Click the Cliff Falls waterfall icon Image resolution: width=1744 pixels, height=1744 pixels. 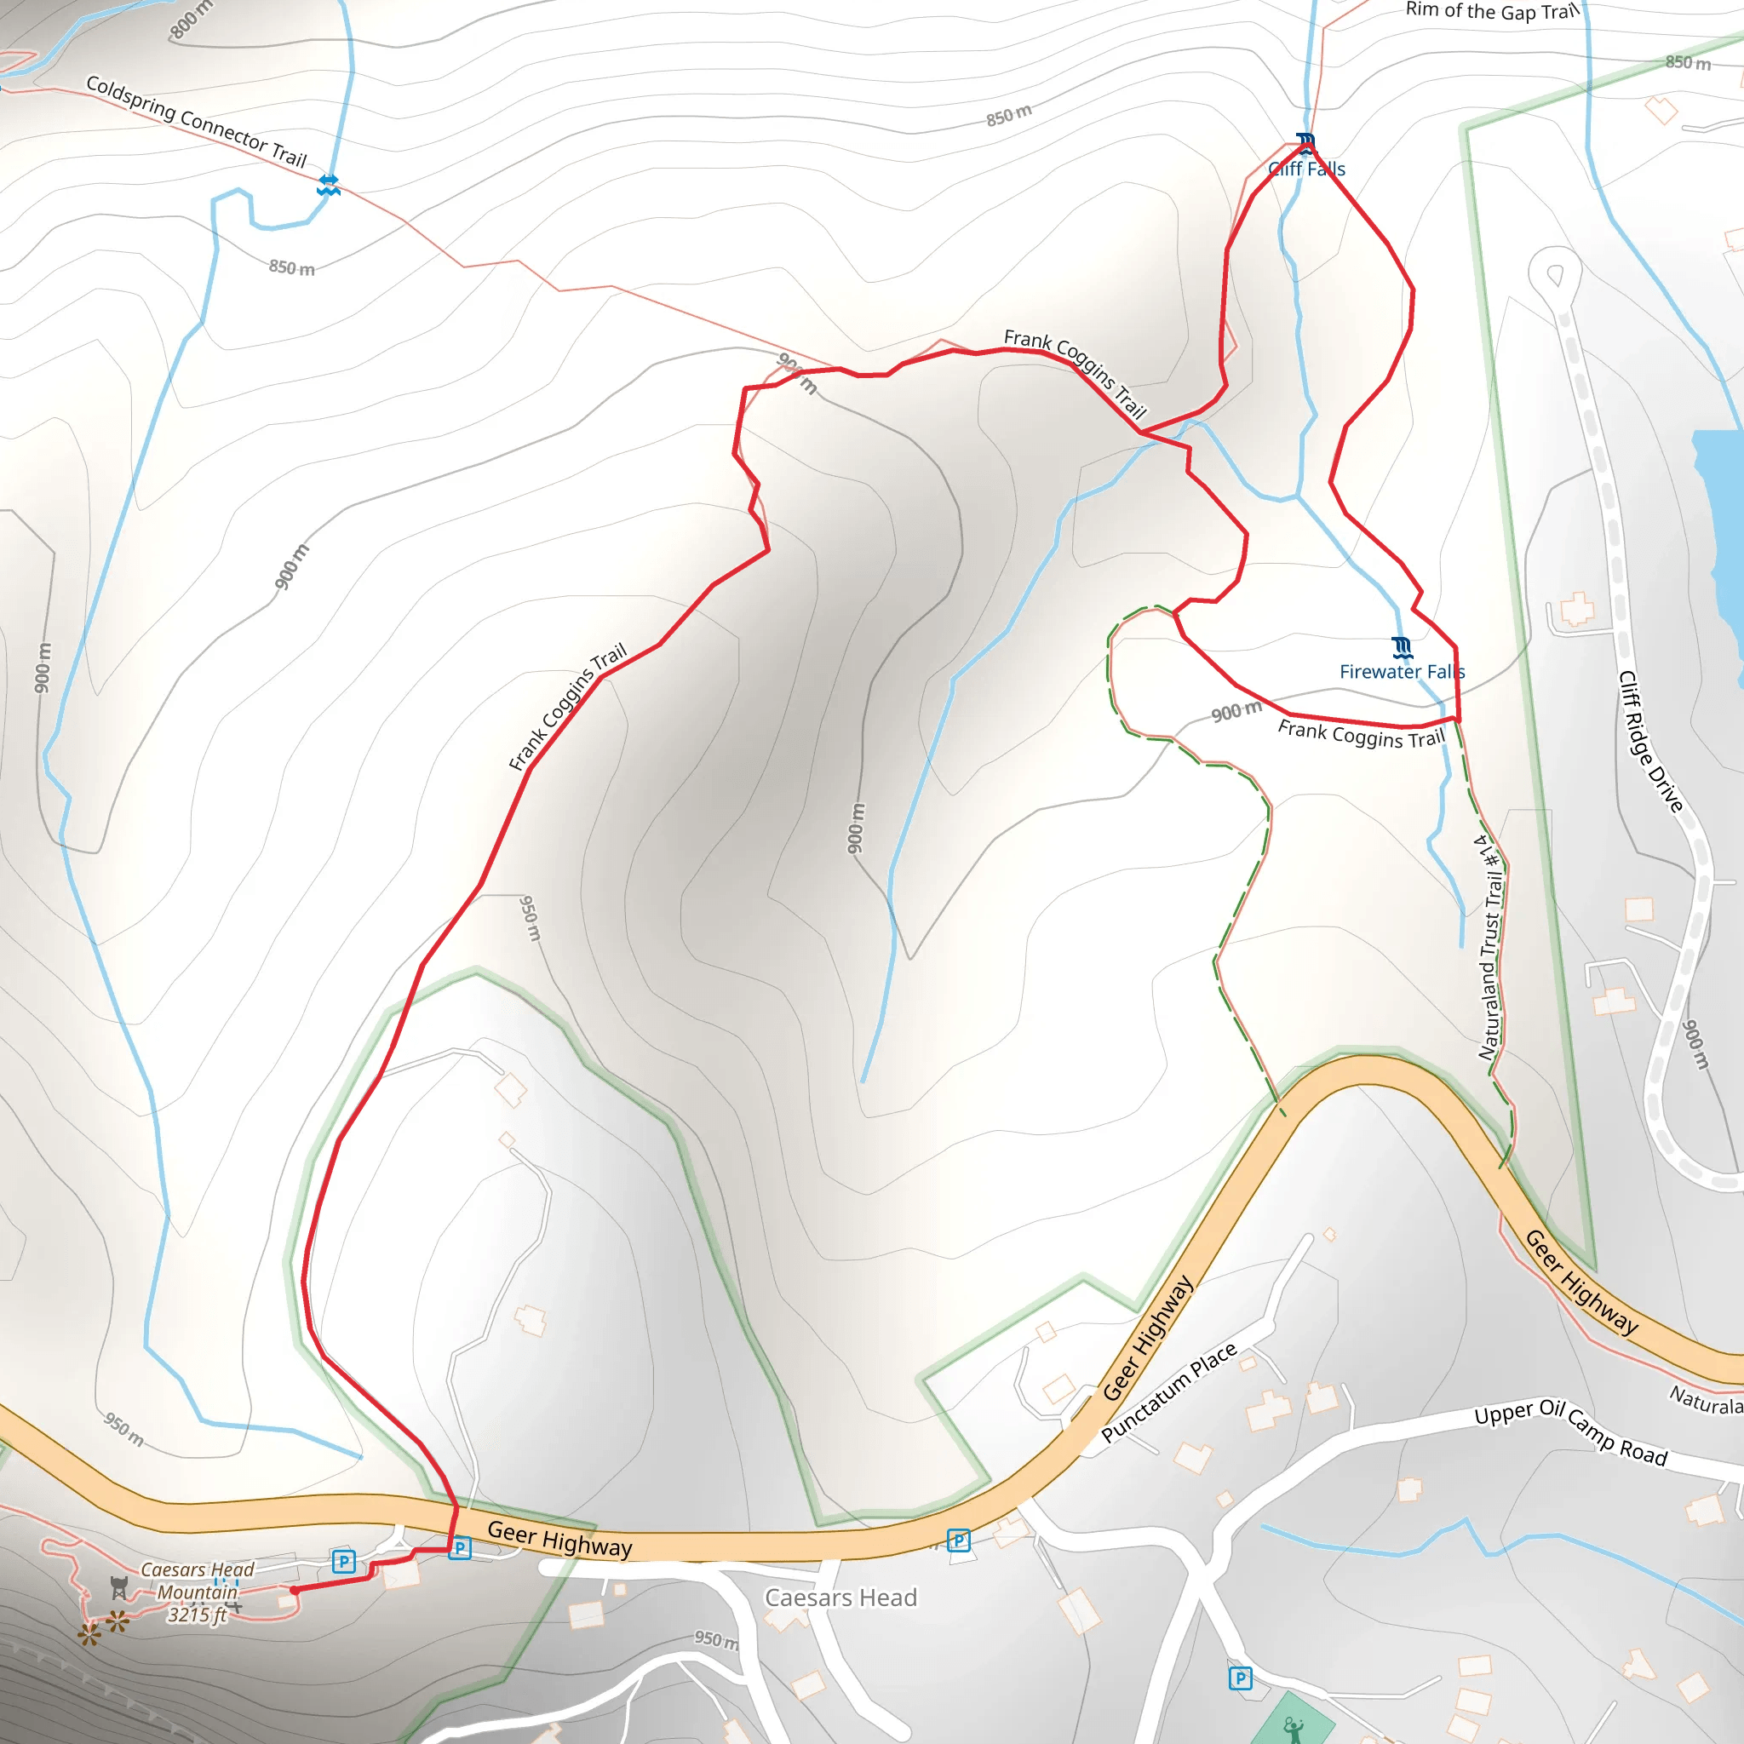click(x=1305, y=142)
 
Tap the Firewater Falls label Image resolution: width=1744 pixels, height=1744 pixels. click(x=1401, y=672)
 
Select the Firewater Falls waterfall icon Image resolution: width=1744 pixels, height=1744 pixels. click(x=1401, y=646)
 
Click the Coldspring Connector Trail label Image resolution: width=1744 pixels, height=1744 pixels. click(x=197, y=122)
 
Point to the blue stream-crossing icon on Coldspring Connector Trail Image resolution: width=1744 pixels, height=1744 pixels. click(x=329, y=185)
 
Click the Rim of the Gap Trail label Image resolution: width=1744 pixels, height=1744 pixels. click(x=1492, y=11)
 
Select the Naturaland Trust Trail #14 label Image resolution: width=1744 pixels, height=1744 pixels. click(x=1490, y=947)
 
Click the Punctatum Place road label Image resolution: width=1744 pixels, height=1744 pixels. click(x=1169, y=1393)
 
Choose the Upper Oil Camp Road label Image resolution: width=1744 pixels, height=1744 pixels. click(x=1570, y=1432)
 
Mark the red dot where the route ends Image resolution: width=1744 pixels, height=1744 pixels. click(x=295, y=1591)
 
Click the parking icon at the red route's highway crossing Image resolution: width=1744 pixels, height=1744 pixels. click(x=460, y=1548)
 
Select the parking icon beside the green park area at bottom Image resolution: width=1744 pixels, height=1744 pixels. click(x=1240, y=1678)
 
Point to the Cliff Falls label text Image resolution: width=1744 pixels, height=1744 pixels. click(x=1306, y=169)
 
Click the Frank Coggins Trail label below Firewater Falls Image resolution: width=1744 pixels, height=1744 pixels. click(x=1362, y=734)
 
